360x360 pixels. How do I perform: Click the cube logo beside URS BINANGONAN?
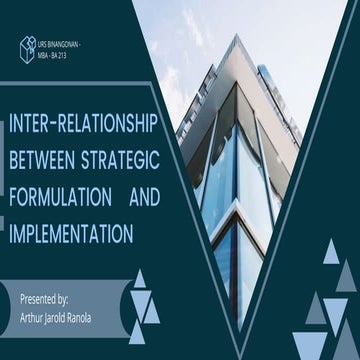27,46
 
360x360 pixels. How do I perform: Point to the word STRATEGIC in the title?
119,158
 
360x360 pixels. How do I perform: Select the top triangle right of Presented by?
139,279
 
